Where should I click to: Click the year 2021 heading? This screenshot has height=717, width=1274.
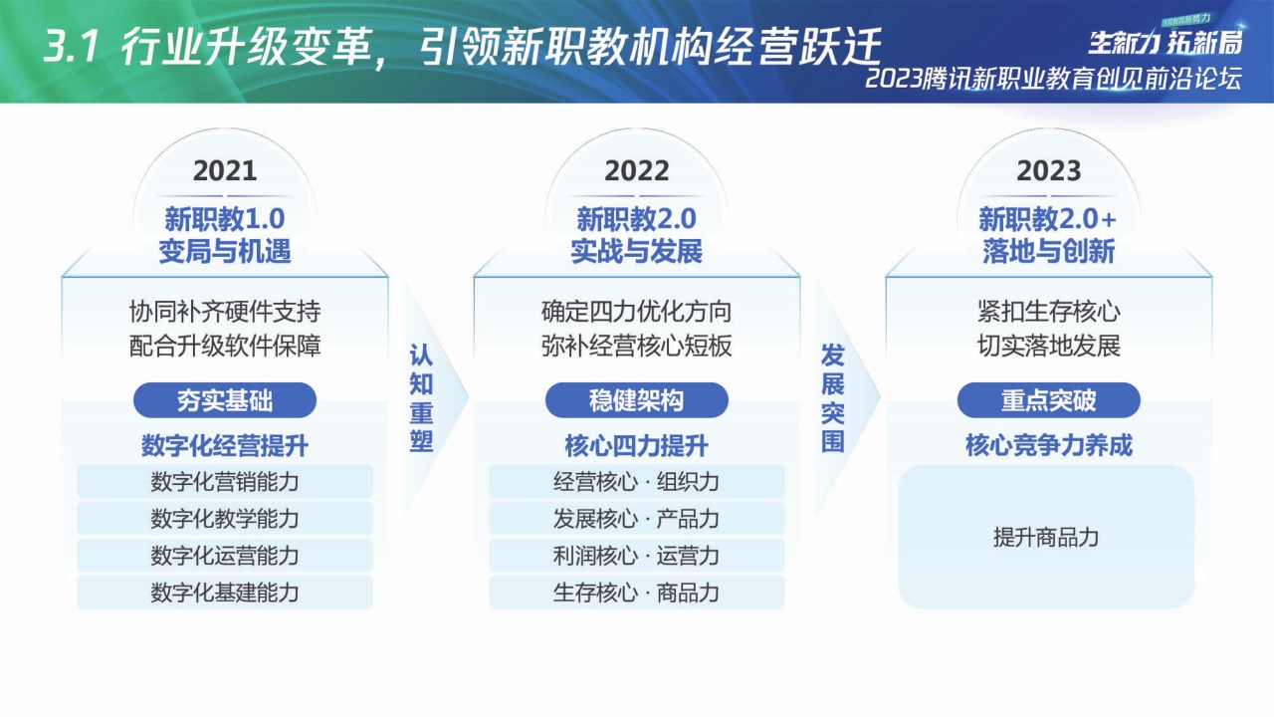[x=225, y=171]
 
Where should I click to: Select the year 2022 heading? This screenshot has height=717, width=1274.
[x=637, y=171]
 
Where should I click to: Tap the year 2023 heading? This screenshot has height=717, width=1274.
[x=1048, y=171]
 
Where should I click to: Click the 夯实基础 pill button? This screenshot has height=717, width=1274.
[x=225, y=400]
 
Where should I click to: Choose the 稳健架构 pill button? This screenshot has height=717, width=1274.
[x=637, y=400]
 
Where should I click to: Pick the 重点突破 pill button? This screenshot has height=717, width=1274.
[x=1048, y=400]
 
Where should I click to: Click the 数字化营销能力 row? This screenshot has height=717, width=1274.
[x=225, y=482]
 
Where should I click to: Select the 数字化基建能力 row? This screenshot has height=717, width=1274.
[x=225, y=593]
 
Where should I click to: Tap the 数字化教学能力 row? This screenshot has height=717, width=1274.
[x=225, y=519]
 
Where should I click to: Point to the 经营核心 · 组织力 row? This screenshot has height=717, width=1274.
[x=637, y=482]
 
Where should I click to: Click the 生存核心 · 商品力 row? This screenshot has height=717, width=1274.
[x=637, y=593]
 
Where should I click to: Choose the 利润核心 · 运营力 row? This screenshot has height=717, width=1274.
[x=637, y=556]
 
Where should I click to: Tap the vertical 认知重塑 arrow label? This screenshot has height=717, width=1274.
[x=422, y=398]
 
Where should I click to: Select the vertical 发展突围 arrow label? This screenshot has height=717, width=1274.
[x=833, y=398]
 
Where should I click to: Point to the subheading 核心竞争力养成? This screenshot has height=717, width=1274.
[x=1048, y=445]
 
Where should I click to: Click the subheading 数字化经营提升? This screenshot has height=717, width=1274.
[x=225, y=445]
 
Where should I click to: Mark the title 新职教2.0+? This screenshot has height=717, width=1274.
[x=1048, y=218]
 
